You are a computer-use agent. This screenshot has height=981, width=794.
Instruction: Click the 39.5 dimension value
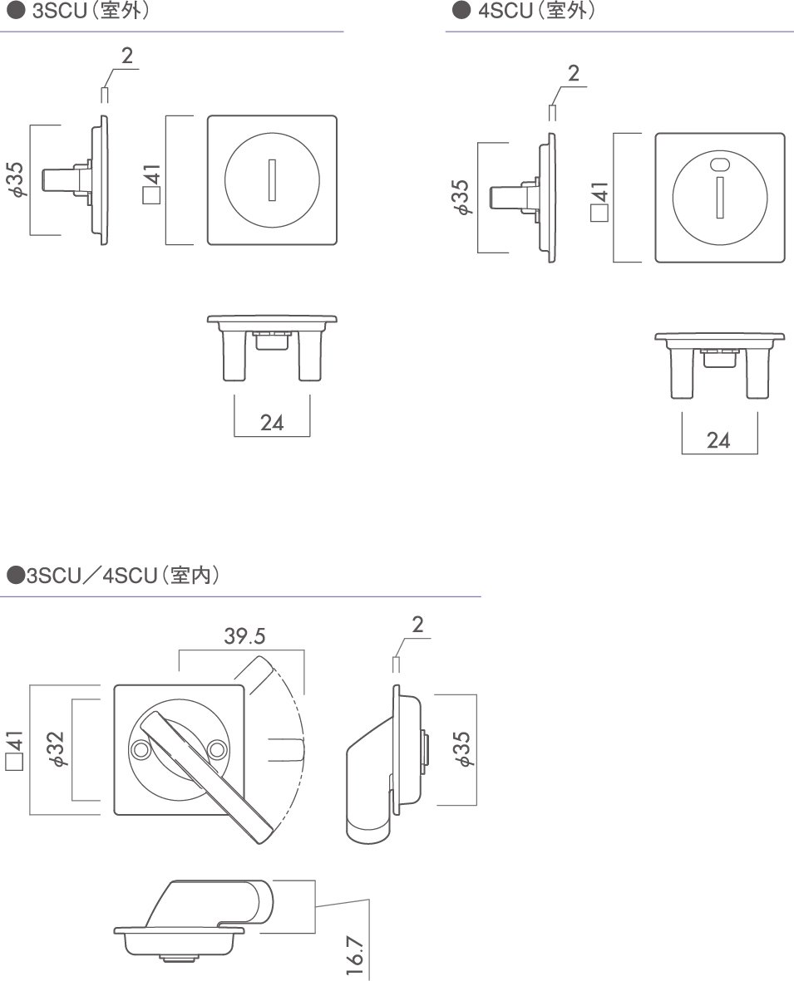[x=244, y=636]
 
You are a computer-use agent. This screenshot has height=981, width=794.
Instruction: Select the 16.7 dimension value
[x=354, y=955]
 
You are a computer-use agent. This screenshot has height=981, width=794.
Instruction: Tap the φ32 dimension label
[x=56, y=749]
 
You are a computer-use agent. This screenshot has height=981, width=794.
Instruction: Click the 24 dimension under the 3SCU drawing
[x=272, y=423]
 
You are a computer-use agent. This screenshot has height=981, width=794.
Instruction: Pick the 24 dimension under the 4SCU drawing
[x=718, y=440]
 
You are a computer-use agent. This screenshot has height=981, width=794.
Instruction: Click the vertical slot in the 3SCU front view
[x=272, y=180]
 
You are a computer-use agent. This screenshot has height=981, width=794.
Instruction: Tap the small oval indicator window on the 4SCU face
[x=720, y=164]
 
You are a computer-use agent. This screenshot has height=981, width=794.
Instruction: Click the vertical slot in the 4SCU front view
[x=719, y=197]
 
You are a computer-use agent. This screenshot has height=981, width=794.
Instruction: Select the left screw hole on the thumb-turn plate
[x=140, y=748]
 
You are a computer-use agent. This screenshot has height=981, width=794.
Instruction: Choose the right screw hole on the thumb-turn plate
[x=217, y=748]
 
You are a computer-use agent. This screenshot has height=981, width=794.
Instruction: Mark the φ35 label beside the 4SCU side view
[x=461, y=197]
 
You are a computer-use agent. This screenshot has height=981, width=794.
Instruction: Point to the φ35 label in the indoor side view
[x=462, y=749]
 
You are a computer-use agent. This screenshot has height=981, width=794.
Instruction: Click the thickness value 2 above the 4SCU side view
[x=574, y=74]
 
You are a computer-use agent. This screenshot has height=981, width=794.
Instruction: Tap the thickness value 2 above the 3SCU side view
[x=127, y=56]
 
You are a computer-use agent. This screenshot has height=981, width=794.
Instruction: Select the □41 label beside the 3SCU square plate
[x=151, y=184]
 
